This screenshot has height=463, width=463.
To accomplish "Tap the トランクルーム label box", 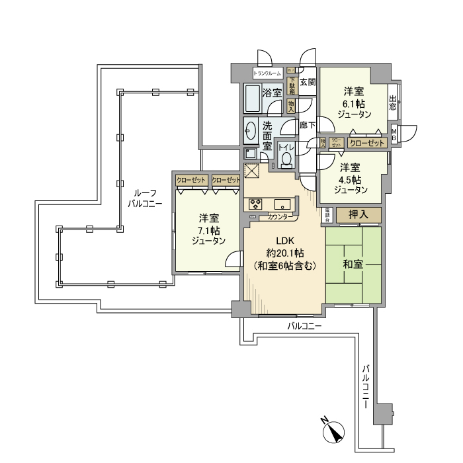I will click(x=267, y=73).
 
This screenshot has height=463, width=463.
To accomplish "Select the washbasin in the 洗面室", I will click(x=251, y=130).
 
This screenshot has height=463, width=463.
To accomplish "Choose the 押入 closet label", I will click(x=358, y=215).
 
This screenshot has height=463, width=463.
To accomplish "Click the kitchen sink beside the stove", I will click(x=280, y=204).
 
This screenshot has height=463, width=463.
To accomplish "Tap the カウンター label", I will click(x=281, y=216).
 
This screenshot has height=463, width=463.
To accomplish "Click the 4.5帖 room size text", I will click(x=351, y=179).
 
